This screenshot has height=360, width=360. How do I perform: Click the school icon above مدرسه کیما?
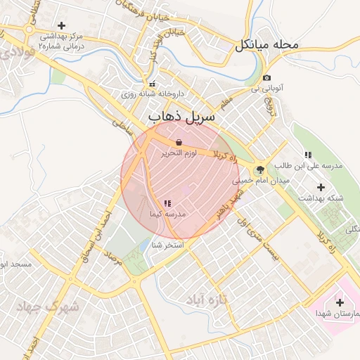coord(167,203)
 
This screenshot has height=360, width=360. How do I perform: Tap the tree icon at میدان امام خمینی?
coord(261,169)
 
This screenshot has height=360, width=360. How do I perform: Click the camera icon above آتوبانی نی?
coord(266,78)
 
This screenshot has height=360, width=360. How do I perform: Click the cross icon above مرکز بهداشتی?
coord(62,25)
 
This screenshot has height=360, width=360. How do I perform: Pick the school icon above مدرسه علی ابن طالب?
coord(307,155)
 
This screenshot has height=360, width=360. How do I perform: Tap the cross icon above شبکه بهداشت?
coord(321,187)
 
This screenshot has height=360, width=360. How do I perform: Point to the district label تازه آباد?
coord(209,300)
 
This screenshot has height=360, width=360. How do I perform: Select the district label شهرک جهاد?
coord(50,307)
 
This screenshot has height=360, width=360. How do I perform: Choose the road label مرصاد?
coord(112,265)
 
